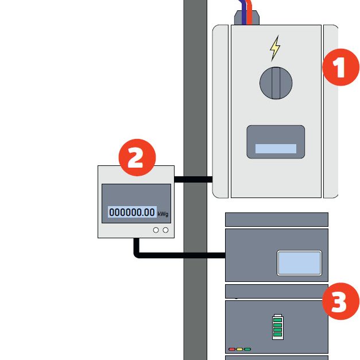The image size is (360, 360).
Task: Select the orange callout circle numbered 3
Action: click(x=340, y=302)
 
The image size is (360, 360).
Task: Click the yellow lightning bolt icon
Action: click(x=276, y=49)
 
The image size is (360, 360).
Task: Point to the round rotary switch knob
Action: click(x=276, y=82)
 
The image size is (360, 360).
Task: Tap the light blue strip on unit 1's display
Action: click(x=276, y=149)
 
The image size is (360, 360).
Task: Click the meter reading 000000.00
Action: click(x=132, y=212)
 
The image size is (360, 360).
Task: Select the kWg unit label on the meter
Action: click(x=163, y=214)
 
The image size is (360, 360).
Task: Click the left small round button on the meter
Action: click(x=156, y=230)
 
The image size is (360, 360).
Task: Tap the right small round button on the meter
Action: click(x=166, y=230)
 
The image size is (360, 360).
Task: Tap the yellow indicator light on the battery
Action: click(x=240, y=349)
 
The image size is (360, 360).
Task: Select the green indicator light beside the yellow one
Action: click(x=247, y=349)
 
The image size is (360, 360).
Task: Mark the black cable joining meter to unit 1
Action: click(x=193, y=179)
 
